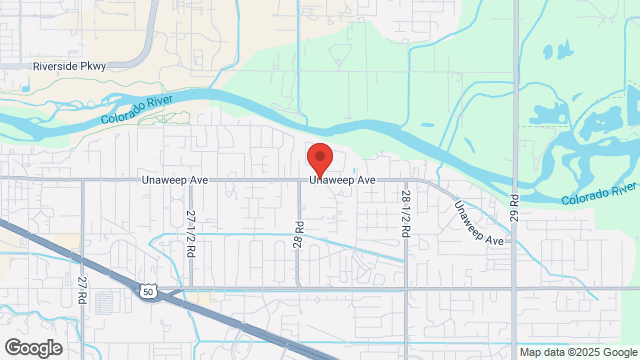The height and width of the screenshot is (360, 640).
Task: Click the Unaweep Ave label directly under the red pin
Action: [342, 180]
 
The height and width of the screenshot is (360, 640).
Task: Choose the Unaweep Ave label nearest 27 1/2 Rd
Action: [145, 180]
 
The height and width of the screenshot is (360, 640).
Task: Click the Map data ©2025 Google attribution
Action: [578, 352]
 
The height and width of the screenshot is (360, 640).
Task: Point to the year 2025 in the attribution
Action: [587, 352]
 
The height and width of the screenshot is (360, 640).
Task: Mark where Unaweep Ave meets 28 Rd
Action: [298, 180]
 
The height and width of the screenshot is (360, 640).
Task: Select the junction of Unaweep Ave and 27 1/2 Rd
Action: [190, 180]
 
